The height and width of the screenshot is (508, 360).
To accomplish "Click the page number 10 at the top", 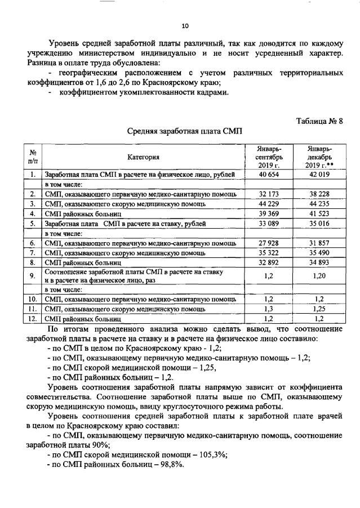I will pos(184,25).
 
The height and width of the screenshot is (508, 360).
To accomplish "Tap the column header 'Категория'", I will pos(143,157).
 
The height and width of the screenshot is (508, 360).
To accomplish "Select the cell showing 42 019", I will pos(319,175).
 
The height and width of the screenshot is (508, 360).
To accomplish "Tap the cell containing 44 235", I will pos(319,203).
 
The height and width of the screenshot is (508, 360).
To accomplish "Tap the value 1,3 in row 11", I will pos(269,309).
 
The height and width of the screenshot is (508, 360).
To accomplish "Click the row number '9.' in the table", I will pos(33,275).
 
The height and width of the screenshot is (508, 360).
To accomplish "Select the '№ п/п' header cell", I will pos(33,157).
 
